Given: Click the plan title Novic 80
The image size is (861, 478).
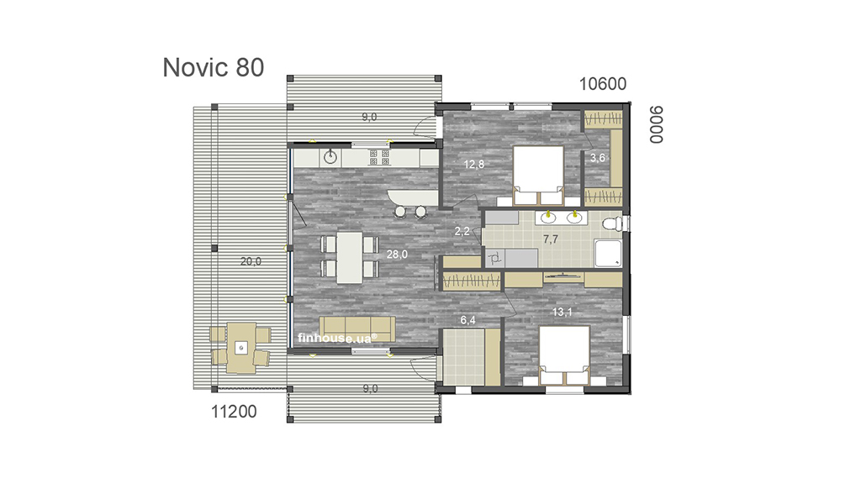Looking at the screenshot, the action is pyautogui.click(x=214, y=67).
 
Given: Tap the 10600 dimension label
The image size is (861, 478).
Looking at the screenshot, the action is pyautogui.click(x=602, y=84).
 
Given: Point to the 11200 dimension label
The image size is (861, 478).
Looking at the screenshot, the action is pyautogui.click(x=234, y=412).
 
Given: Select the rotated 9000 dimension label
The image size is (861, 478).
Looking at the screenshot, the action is pyautogui.click(x=656, y=125).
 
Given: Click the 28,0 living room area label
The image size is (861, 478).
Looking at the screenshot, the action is pyautogui.click(x=397, y=254).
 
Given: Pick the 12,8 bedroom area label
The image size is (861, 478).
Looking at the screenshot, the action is pyautogui.click(x=474, y=164).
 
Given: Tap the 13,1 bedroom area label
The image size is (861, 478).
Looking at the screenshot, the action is pyautogui.click(x=563, y=312).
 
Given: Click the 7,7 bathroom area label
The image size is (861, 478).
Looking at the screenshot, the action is pyautogui.click(x=551, y=239).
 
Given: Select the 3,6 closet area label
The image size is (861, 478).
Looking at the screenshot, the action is pyautogui.click(x=598, y=158).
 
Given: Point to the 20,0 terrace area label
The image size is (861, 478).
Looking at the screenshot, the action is pyautogui.click(x=251, y=261).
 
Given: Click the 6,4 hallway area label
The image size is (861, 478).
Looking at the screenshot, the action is pyautogui.click(x=467, y=320).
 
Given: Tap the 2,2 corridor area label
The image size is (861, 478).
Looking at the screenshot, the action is pyautogui.click(x=462, y=231).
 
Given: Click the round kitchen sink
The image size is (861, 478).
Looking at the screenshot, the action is pyautogui.click(x=330, y=157).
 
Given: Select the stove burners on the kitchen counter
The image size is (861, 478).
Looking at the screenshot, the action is pyautogui.click(x=379, y=157).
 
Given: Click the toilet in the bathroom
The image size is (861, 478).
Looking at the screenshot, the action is pyautogui.click(x=613, y=224).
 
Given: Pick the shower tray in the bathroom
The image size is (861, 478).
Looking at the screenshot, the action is pyautogui.click(x=609, y=254).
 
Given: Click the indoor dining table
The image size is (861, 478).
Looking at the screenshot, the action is pyautogui.click(x=349, y=257).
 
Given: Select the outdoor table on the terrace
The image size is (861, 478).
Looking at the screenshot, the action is pyautogui.click(x=240, y=348).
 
